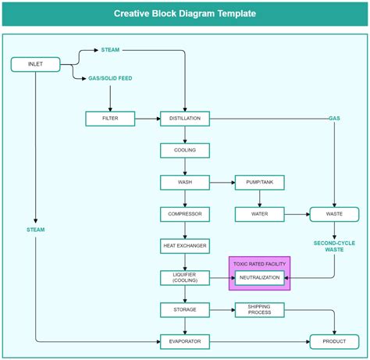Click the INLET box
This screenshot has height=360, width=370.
click(36, 64)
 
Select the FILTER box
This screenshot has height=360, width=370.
click(110, 119)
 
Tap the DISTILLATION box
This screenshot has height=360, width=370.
click(185, 119)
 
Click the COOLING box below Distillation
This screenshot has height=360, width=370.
click(185, 150)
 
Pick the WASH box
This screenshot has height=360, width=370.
click(185, 182)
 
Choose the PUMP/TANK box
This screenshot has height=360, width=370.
click(260, 182)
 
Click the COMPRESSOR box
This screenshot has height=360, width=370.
click(185, 213)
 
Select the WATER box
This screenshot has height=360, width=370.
click(260, 213)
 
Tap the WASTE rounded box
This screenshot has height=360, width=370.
click(334, 213)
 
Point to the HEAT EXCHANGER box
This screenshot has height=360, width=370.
click(185, 245)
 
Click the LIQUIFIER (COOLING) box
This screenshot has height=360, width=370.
click(185, 277)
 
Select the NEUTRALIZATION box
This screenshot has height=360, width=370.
click(260, 277)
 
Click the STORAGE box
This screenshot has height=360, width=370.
click(185, 309)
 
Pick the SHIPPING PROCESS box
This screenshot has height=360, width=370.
click(260, 309)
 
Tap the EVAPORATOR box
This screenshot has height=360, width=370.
click(185, 341)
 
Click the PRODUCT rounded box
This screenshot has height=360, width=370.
click(334, 341)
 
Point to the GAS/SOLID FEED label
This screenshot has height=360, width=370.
click(110, 79)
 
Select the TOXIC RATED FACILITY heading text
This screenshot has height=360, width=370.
click(260, 264)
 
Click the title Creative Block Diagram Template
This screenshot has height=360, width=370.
click(184, 13)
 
